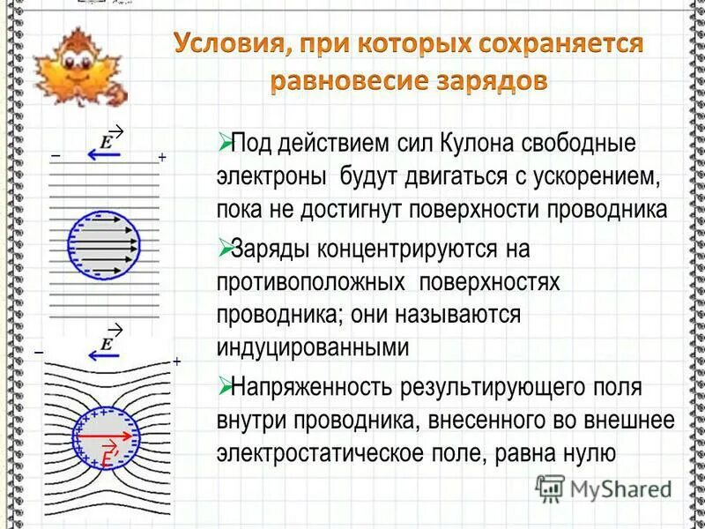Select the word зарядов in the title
(497, 81)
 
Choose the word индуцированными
(313, 346)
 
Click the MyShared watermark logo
(605, 488)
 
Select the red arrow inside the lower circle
(102, 436)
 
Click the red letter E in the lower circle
(106, 458)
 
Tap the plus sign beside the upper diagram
(162, 157)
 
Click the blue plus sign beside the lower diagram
(176, 361)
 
